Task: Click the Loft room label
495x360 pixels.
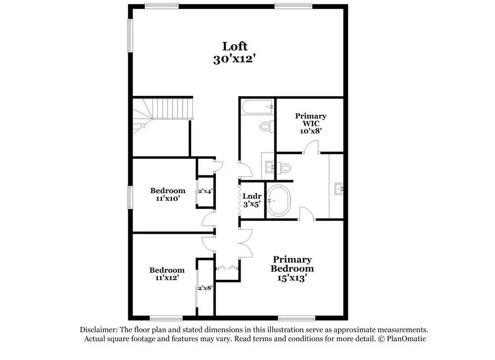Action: point(235,46)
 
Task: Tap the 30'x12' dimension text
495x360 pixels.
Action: point(235,58)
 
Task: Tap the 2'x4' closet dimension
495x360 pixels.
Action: point(205,191)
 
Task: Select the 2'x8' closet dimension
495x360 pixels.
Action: point(205,288)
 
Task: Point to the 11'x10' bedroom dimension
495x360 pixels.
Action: point(168,199)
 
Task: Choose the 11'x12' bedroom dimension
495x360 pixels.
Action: point(167,278)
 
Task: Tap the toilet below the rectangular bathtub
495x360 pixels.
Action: point(266,127)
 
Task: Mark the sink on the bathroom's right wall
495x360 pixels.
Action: point(339,188)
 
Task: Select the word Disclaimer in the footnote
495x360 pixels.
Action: point(97,330)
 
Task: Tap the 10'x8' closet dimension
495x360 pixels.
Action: point(311,131)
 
